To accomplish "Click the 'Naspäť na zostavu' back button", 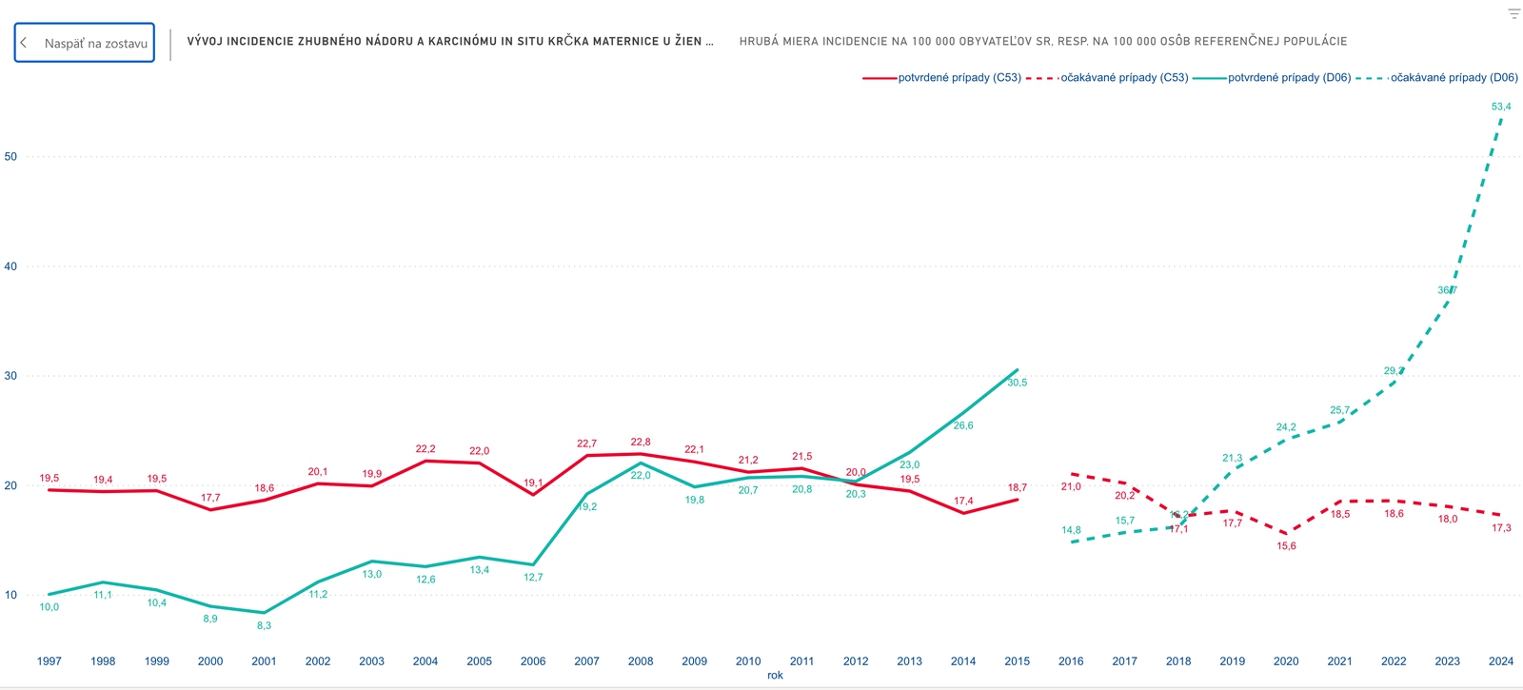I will (x=85, y=43).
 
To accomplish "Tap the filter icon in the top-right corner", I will (x=1513, y=14).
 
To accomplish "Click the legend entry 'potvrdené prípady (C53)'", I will (x=959, y=78).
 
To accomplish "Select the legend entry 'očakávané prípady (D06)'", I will (x=1454, y=78).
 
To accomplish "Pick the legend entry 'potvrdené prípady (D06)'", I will (x=1289, y=78).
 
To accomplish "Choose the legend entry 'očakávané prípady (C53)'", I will (x=1123, y=78).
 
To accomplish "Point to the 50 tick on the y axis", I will (x=11, y=157).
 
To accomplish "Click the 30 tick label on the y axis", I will (x=11, y=376).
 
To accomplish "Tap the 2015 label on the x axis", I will (x=1017, y=661).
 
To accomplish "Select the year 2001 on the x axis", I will (x=264, y=661).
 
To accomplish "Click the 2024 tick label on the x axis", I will (x=1501, y=661).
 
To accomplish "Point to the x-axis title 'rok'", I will (x=775, y=676).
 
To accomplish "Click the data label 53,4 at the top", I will (x=1501, y=107).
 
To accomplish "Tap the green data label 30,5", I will (x=1017, y=383).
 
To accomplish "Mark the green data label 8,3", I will (x=264, y=626).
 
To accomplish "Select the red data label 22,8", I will (x=641, y=443).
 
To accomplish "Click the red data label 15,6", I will (x=1286, y=546).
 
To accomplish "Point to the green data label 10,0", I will (x=49, y=607).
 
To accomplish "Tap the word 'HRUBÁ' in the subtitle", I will (x=758, y=42).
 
